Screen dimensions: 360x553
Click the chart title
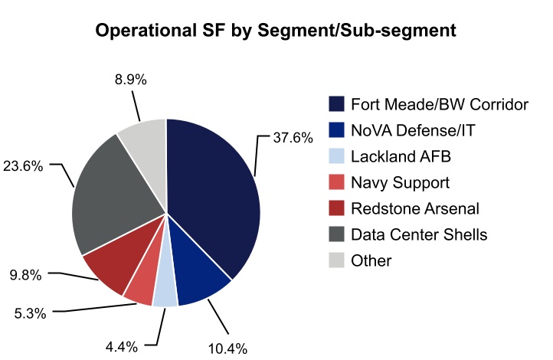click(x=276, y=31)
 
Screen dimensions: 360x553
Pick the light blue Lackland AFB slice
click(x=165, y=293)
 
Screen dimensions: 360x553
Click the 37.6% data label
click(x=293, y=139)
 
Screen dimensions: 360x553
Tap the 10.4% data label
click(x=227, y=349)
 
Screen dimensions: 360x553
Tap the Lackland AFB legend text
click(x=401, y=157)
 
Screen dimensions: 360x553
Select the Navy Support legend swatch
click(x=335, y=183)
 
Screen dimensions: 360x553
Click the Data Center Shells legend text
click(x=419, y=234)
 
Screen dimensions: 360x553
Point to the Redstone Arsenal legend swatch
click(x=335, y=209)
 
